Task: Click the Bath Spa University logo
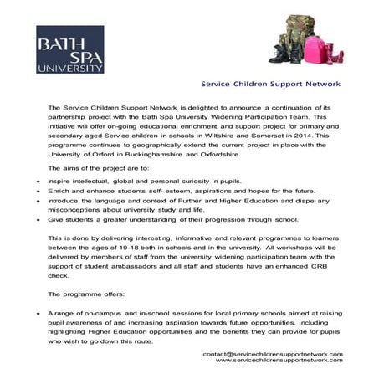coord(69,49)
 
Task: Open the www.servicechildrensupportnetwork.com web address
coord(279,361)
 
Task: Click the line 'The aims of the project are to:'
coord(98,169)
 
